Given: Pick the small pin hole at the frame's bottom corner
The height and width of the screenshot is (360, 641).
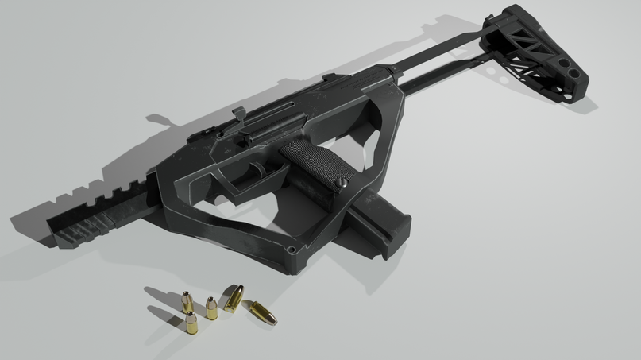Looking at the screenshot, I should point(292,251).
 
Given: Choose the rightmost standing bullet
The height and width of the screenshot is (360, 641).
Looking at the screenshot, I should point(212,308).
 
